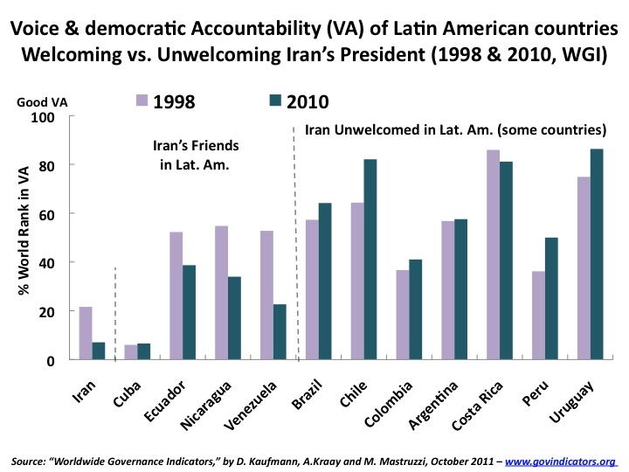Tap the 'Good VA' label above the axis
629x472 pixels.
(41, 101)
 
